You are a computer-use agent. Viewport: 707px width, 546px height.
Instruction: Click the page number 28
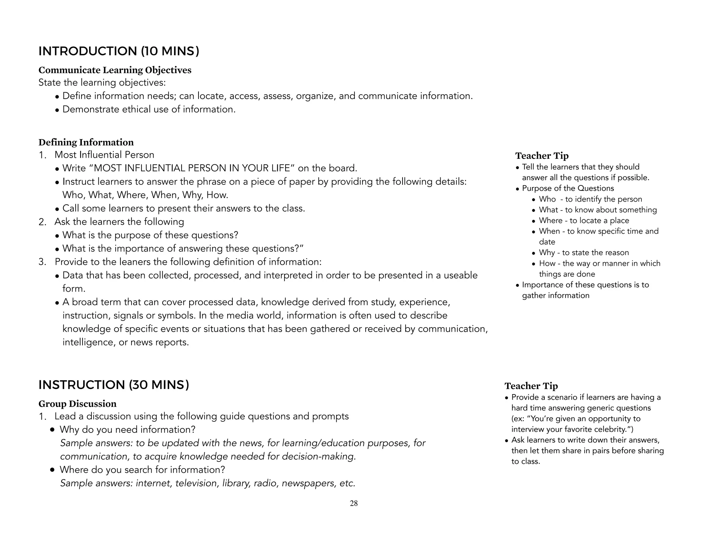(353, 504)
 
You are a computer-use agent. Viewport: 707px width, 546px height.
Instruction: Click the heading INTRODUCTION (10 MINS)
(118, 51)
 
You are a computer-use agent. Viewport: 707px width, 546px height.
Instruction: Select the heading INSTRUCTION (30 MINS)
(114, 385)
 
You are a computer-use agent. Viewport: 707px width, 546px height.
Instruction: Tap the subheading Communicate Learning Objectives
(115, 70)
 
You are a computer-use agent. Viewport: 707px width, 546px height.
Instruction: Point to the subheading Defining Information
(86, 142)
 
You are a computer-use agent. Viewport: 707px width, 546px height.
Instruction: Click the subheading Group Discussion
(77, 404)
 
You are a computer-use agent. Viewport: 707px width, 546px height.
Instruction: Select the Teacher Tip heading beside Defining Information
(542, 156)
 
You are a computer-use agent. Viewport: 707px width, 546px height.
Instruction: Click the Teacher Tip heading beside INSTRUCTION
(531, 386)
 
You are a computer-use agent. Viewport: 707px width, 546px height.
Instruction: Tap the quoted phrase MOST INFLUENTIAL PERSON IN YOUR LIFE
(192, 168)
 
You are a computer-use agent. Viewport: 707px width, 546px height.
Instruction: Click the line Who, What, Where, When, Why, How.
(145, 195)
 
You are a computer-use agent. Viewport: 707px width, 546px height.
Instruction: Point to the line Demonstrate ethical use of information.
(148, 109)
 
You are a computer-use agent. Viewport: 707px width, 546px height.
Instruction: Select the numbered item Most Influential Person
(104, 155)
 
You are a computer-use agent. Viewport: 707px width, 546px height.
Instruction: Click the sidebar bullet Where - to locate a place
(584, 221)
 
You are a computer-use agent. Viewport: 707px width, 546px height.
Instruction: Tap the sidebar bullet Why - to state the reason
(584, 253)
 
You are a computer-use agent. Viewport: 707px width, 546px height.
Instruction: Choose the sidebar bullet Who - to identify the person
(590, 199)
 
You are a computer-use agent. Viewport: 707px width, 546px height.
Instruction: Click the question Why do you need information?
(127, 430)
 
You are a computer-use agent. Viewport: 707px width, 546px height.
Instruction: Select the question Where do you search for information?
(142, 470)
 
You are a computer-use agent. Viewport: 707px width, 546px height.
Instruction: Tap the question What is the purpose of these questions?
(150, 235)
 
